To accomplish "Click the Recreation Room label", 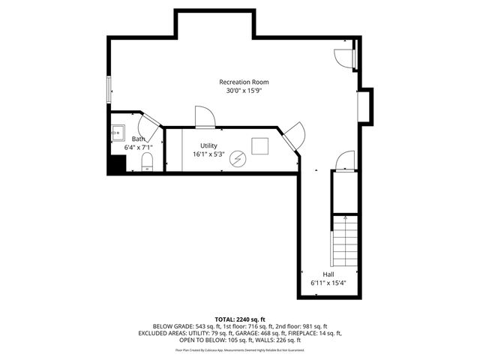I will point(244,82).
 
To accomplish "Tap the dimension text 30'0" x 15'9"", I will point(244,91).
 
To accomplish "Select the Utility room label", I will point(208,145).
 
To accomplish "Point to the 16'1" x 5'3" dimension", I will point(208,154).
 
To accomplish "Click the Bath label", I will point(139,139).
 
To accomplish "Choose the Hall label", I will point(328,274).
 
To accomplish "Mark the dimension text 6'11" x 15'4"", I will point(328,283).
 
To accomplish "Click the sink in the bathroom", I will point(118,133).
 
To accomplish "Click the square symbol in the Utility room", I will point(260,146).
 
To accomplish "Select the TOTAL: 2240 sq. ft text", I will point(240,319).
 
